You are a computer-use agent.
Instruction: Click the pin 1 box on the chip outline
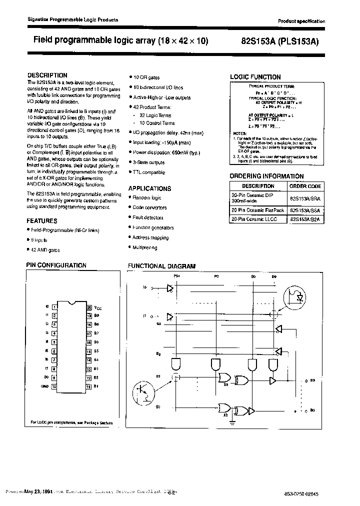(54, 307)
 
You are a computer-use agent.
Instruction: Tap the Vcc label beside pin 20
(98, 308)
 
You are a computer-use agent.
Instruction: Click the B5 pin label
(96, 351)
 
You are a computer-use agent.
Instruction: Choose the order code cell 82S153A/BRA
(304, 198)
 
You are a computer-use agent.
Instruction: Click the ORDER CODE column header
(304, 186)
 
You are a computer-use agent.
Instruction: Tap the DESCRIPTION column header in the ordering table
(258, 186)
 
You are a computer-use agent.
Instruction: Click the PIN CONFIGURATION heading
(56, 265)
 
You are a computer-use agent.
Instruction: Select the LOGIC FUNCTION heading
(255, 77)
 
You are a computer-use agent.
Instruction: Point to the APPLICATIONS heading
(149, 188)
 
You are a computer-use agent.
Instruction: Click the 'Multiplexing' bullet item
(144, 247)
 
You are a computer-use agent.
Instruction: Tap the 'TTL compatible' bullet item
(148, 172)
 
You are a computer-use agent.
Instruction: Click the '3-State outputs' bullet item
(148, 162)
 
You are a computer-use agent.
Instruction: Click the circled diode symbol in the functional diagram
(296, 297)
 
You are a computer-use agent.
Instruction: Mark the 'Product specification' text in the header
(301, 21)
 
